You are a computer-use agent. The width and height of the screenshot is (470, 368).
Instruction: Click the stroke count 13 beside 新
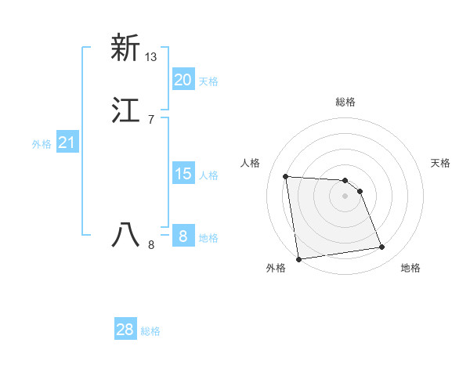click(151, 57)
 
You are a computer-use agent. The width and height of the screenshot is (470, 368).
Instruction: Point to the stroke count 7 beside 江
click(150, 120)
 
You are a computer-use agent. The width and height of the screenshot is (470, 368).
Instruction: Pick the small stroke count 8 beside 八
click(151, 245)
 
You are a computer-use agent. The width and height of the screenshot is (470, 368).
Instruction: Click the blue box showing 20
click(183, 79)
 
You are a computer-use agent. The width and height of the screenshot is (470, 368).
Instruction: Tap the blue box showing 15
click(183, 173)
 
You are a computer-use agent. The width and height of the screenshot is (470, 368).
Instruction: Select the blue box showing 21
click(67, 143)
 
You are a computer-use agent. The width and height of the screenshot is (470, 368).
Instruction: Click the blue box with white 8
click(183, 236)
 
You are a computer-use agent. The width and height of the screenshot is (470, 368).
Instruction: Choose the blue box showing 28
click(125, 330)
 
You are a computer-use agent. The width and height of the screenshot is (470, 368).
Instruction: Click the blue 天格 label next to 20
click(208, 81)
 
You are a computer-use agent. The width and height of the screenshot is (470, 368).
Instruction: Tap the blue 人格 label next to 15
click(208, 175)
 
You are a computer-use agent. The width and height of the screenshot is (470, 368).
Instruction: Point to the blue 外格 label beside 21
click(42, 144)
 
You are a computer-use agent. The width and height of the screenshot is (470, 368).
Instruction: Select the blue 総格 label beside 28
click(150, 331)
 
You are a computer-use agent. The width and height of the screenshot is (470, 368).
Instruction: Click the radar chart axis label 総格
click(345, 102)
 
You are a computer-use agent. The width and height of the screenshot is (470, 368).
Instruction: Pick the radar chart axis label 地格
click(410, 268)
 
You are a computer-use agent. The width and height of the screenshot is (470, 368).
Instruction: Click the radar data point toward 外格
click(298, 258)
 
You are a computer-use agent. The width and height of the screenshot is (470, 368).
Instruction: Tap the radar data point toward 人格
click(286, 176)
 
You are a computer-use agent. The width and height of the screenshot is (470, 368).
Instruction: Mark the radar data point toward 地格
click(382, 247)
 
